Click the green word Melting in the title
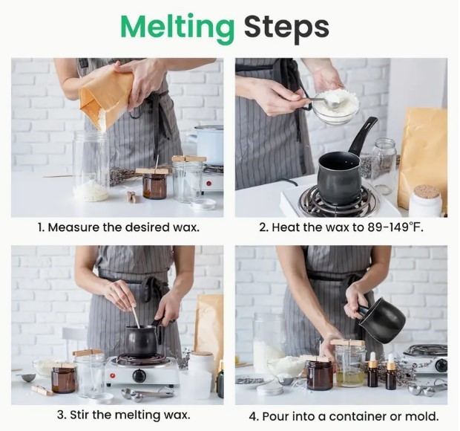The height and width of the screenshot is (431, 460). tap(177, 28)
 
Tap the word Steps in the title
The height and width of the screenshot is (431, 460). tap(286, 28)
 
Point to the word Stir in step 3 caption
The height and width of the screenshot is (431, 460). tap(79, 415)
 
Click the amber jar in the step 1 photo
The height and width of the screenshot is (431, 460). tap(154, 186)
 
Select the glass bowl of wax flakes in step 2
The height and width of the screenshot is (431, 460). tap(335, 107)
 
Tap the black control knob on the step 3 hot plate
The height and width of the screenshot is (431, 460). tap(139, 375)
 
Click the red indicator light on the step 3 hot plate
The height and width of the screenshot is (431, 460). tap(113, 375)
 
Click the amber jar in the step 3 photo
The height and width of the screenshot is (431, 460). tap(63, 380)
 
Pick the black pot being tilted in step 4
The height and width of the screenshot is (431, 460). tap(383, 321)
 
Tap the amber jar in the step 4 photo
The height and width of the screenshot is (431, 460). tap(320, 375)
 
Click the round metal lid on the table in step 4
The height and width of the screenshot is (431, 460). tap(270, 389)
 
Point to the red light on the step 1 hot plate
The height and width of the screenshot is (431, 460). tap(208, 184)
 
